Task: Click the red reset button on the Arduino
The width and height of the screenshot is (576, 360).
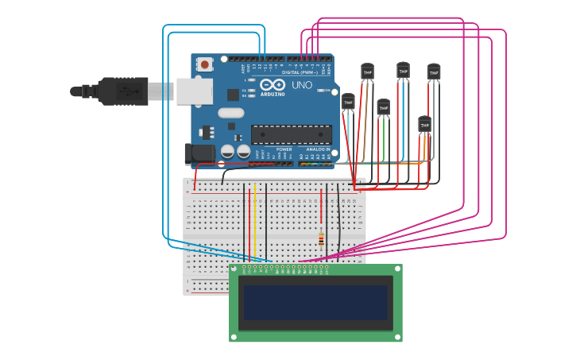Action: coord(205,64)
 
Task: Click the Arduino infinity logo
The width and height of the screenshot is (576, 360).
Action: coord(272,85)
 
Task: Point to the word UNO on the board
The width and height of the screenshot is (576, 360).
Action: coord(302,85)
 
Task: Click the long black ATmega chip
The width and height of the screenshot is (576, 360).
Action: coord(291,135)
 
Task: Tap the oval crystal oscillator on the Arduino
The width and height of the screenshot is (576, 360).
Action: coord(231,113)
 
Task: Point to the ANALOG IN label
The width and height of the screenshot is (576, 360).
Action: coord(318,149)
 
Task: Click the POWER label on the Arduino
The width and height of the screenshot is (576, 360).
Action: coord(284,149)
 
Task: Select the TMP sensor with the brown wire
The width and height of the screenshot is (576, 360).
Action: coord(367,72)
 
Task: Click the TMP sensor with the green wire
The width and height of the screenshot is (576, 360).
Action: coord(384,107)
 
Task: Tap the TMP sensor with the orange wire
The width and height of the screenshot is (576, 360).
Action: coord(425,125)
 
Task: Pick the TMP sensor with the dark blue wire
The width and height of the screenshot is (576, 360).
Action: coord(403,71)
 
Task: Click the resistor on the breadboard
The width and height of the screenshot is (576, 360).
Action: coord(321,239)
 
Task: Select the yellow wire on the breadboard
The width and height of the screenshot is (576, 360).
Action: coord(254,223)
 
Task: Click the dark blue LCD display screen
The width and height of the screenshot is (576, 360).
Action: coord(315,303)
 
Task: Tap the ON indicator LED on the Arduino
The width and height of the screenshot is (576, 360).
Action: coord(327,91)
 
